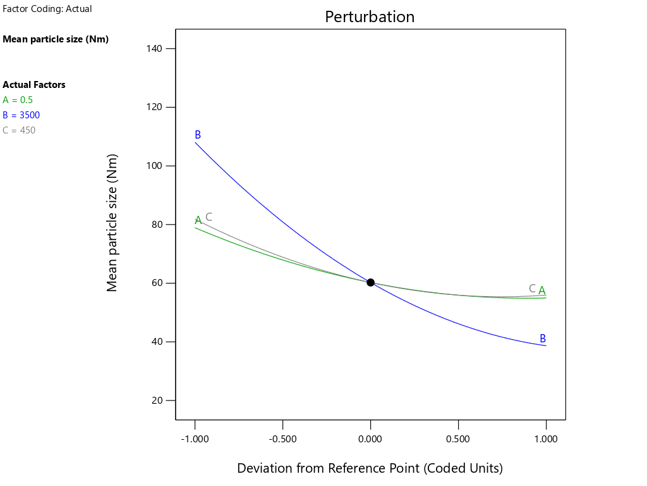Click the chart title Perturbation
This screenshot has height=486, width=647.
click(370, 17)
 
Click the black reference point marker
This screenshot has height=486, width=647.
click(370, 282)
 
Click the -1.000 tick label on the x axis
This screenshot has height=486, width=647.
click(195, 439)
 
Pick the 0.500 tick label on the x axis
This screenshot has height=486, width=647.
click(458, 439)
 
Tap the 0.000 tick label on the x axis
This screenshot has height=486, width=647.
click(370, 439)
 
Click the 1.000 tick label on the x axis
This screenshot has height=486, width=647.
click(546, 439)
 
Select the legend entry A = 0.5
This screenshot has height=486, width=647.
click(18, 100)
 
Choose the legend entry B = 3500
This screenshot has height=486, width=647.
click(21, 115)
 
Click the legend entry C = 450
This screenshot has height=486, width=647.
click(19, 130)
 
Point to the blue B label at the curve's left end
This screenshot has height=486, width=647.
click(198, 135)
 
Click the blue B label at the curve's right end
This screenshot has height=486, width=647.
click(543, 339)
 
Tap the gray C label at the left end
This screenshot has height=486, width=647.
click(209, 217)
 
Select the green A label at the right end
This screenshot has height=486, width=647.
click(542, 291)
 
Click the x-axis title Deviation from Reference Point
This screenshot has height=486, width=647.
click(370, 468)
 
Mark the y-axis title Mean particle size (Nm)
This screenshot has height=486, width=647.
click(112, 222)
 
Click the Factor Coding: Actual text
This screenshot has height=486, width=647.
click(47, 9)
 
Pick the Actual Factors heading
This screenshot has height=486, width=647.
click(34, 85)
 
